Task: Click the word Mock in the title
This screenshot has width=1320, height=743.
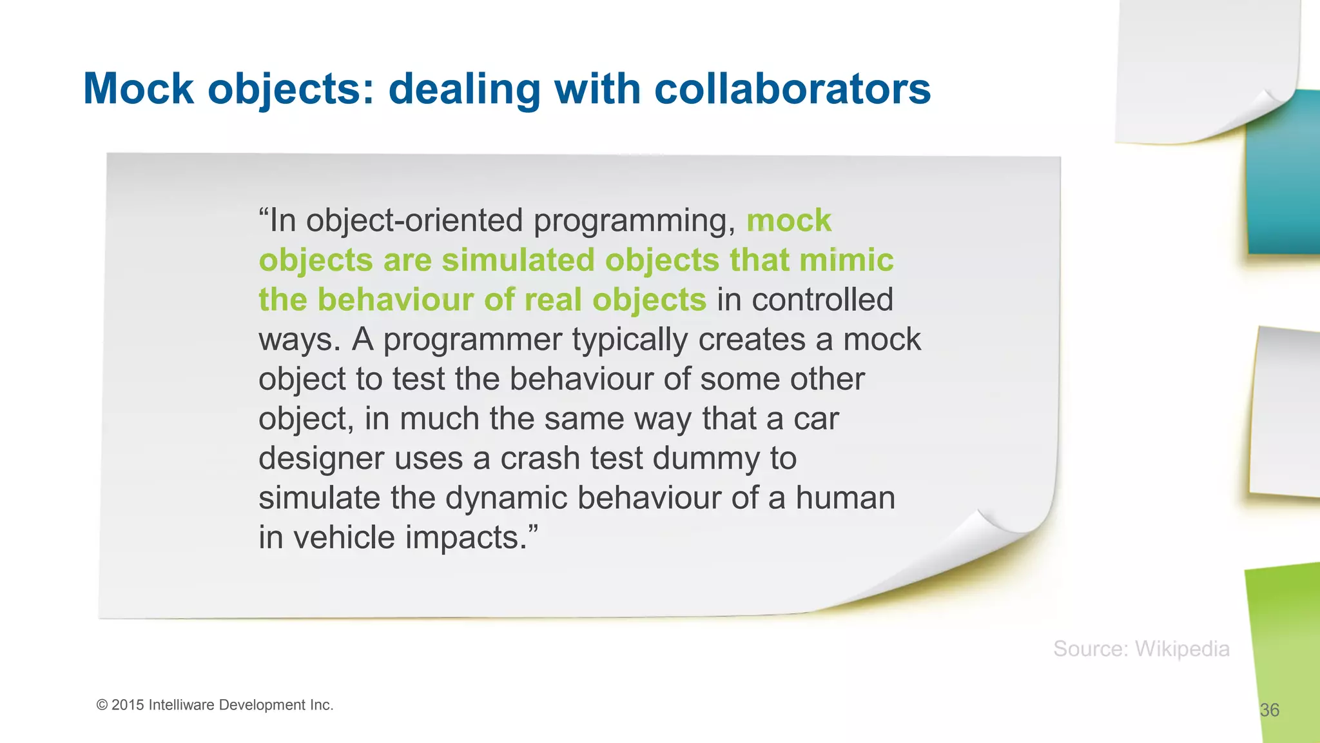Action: tap(139, 89)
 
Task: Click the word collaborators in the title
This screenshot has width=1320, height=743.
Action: tap(792, 89)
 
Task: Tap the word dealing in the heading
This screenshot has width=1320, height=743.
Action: tap(464, 89)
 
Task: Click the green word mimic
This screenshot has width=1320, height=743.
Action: tap(846, 261)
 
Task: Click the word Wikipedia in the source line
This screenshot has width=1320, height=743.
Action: tap(1181, 649)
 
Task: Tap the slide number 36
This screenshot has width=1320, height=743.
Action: tap(1269, 710)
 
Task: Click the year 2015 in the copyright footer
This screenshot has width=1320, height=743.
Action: tap(128, 705)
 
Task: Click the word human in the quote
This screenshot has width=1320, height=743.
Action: tap(845, 498)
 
